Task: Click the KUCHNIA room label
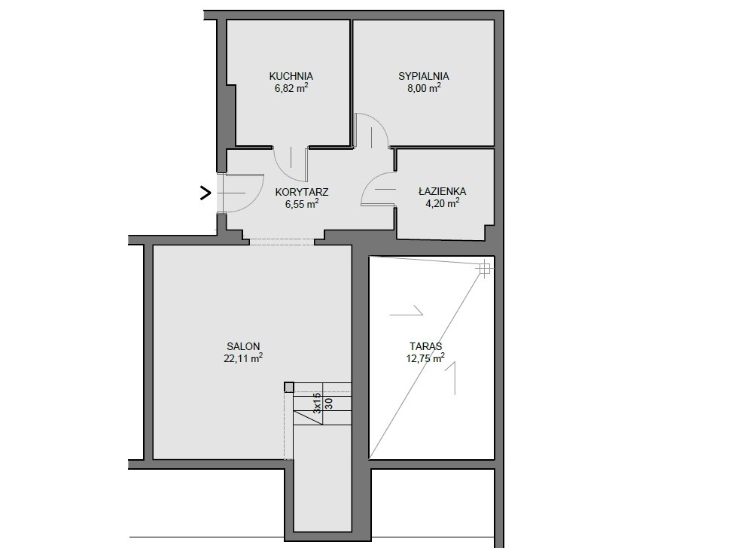pos(291,76)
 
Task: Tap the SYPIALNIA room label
pos(424,76)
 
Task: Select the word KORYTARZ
pos(302,192)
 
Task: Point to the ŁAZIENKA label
pos(443,191)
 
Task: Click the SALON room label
pos(243,346)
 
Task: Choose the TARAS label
pos(425,346)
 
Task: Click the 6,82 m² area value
pos(291,88)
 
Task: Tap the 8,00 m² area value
pos(424,88)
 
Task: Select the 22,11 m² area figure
pos(243,358)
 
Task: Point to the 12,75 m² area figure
pos(425,358)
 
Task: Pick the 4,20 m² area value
pos(443,203)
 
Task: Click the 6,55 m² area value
pos(302,204)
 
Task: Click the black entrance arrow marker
pos(206,193)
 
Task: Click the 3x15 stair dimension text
pos(317,403)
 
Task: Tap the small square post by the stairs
pos(289,387)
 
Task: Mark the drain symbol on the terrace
pos(483,269)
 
